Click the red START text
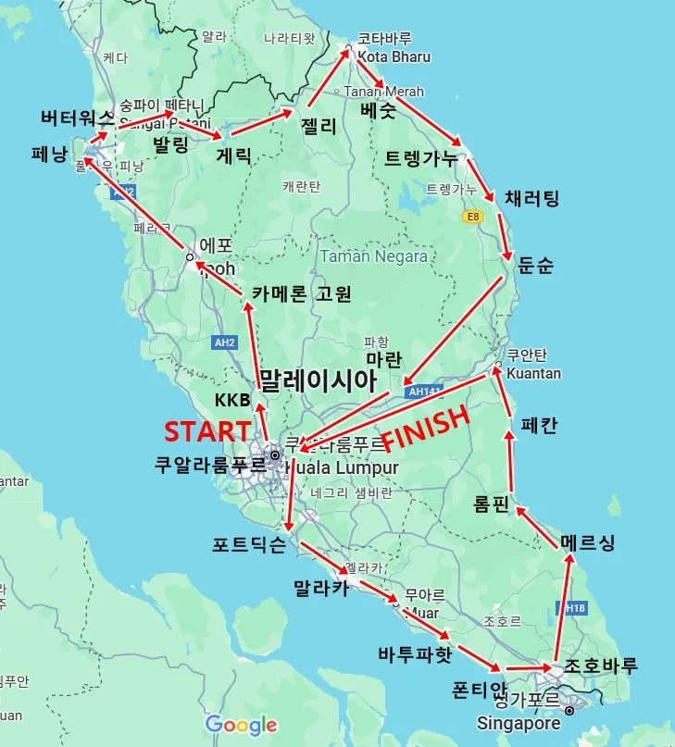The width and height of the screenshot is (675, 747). point(207,431)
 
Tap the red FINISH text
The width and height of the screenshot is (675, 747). point(426,430)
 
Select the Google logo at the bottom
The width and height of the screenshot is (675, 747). point(241,724)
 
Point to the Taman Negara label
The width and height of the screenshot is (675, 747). point(373,256)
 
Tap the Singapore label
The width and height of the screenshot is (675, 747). point(519,722)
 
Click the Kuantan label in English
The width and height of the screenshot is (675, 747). point(533,373)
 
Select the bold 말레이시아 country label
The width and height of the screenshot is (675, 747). point(318,380)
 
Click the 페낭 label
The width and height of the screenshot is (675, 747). point(49,154)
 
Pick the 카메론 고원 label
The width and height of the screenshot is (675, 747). point(302,294)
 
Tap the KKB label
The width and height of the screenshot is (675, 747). point(232,400)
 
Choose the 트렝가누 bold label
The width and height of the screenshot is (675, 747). point(421,158)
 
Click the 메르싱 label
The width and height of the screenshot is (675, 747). point(588,542)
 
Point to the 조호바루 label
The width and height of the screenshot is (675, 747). point(601,666)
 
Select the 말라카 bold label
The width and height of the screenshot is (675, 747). point(320,588)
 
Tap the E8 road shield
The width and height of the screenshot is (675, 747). point(473,217)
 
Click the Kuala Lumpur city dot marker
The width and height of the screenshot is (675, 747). point(275,454)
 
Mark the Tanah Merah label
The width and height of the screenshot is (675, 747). point(384,92)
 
